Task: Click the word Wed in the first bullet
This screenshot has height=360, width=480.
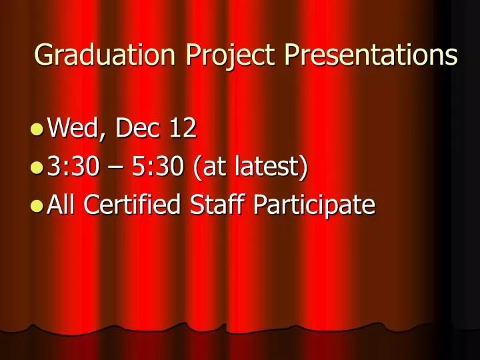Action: (73, 128)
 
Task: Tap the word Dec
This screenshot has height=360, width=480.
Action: (137, 128)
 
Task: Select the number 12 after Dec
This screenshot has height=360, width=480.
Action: (181, 128)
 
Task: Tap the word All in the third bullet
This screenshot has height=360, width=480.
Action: (63, 204)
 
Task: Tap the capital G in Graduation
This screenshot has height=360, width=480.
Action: (43, 55)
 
